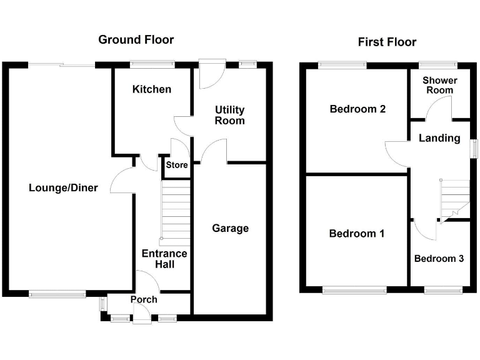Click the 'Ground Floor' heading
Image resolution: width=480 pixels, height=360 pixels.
click(136, 40)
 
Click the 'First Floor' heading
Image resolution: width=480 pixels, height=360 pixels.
click(387, 42)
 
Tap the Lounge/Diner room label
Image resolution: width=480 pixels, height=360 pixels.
click(63, 187)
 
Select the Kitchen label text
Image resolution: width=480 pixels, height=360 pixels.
click(151, 89)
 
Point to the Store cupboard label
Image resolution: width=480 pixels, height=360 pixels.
click(176, 166)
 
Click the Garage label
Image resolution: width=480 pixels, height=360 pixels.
click(230, 228)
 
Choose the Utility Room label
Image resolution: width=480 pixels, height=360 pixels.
click(229, 115)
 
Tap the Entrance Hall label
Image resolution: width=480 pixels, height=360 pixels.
click(164, 259)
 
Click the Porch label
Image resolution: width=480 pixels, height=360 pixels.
click(144, 299)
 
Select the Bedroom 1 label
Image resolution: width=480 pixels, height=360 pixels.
click(357, 234)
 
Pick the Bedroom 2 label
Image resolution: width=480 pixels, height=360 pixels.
click(357, 109)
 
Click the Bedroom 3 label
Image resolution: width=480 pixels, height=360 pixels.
click(439, 258)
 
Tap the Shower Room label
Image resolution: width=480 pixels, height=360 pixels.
click(439, 85)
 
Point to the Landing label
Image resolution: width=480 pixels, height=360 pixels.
click(439, 138)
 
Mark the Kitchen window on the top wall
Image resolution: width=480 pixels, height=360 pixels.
click(151, 62)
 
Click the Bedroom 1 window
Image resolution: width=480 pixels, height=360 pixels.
click(354, 289)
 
